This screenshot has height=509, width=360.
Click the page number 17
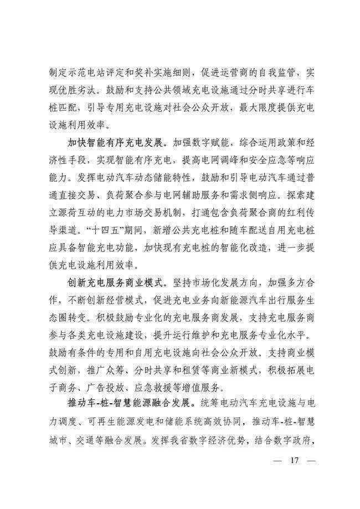[294, 461]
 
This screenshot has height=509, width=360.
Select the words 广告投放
[110, 388]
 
